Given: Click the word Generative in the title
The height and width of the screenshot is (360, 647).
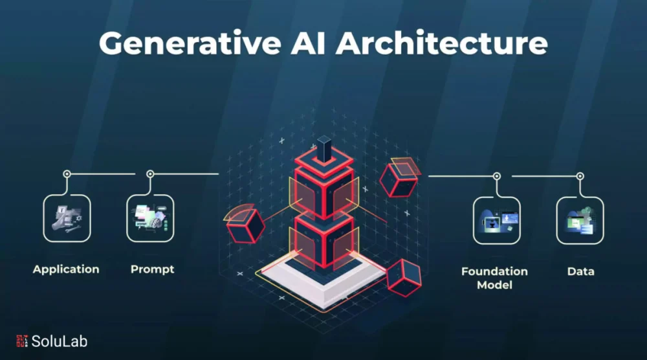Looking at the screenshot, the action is [190, 43].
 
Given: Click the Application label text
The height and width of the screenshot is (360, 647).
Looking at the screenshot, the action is [66, 269].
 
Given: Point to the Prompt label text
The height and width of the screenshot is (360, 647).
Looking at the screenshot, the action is [152, 269].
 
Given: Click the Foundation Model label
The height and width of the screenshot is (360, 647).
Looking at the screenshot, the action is [494, 278].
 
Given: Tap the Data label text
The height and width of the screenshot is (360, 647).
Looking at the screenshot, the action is [580, 272].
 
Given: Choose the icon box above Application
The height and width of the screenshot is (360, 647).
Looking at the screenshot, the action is [67, 218].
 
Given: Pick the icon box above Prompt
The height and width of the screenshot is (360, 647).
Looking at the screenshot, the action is [150, 218].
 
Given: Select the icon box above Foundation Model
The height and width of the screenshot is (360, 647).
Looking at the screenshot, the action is [497, 220].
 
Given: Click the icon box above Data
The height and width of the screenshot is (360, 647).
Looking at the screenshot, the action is [580, 220].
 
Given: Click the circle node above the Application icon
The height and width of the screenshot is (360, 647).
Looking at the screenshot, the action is [67, 174].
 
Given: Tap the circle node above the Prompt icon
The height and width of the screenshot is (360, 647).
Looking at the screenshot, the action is [150, 174].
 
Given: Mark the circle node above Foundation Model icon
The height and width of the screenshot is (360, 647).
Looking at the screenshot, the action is [497, 176].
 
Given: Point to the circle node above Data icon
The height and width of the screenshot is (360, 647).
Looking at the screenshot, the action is [580, 176].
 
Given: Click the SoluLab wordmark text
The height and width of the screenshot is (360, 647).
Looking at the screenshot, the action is [60, 341].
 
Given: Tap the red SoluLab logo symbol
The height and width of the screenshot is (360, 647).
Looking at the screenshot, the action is [22, 341].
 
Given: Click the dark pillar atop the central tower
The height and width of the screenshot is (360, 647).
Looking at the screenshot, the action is [324, 150].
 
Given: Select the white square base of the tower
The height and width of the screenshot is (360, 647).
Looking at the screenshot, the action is [321, 282].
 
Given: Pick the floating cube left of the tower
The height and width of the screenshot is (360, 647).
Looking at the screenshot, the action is [246, 225].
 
